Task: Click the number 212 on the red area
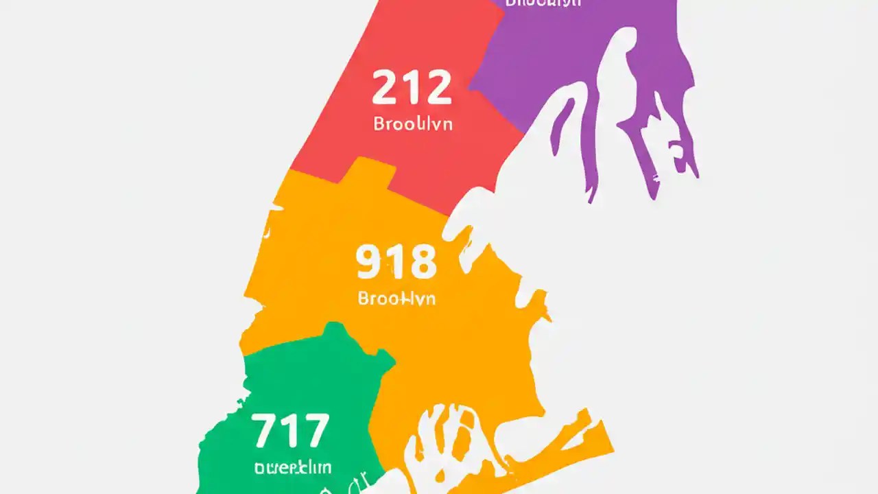(x=412, y=88)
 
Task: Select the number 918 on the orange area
(x=396, y=263)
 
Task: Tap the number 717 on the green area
(x=290, y=430)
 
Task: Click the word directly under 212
(x=412, y=125)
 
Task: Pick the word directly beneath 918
(x=396, y=299)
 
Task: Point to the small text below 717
(x=292, y=468)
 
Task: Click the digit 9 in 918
(x=369, y=263)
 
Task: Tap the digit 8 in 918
(x=421, y=263)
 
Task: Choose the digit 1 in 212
(x=412, y=88)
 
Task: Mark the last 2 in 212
(x=437, y=88)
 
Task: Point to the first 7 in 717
(x=266, y=430)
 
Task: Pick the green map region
(x=302, y=384)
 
